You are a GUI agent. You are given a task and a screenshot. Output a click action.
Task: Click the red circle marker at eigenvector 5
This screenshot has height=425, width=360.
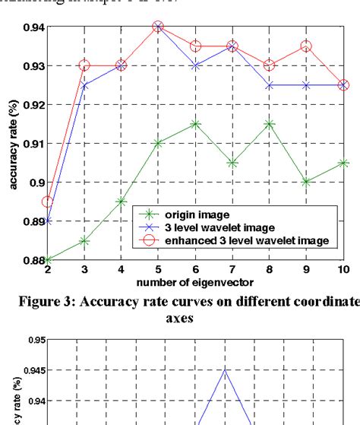click(x=158, y=27)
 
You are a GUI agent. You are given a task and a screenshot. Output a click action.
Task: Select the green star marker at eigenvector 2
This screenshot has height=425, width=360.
click(x=47, y=260)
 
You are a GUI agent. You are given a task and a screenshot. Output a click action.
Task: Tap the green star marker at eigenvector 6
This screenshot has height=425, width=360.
click(x=195, y=123)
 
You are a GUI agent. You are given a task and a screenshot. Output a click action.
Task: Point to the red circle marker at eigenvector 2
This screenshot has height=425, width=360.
click(x=47, y=201)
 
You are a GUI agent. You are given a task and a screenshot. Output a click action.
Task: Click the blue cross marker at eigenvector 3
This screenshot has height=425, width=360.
click(x=84, y=85)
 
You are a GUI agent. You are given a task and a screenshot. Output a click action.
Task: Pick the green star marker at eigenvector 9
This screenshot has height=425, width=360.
click(x=306, y=182)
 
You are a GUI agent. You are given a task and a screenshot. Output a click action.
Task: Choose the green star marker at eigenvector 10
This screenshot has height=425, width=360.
click(x=343, y=163)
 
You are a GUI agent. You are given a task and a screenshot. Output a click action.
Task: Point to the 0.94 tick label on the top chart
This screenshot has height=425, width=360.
click(x=28, y=27)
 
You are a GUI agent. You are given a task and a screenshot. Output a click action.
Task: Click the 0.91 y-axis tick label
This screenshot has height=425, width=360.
click(x=28, y=144)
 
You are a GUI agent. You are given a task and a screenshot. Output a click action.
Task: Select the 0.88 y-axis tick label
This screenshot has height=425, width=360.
click(x=28, y=260)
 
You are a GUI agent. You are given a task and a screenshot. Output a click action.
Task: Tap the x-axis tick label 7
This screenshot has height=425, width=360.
click(x=232, y=271)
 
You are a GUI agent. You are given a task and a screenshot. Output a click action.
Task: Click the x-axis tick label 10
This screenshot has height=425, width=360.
click(x=343, y=271)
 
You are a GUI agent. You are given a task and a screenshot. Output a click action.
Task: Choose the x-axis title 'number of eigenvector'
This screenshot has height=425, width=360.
click(x=194, y=282)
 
